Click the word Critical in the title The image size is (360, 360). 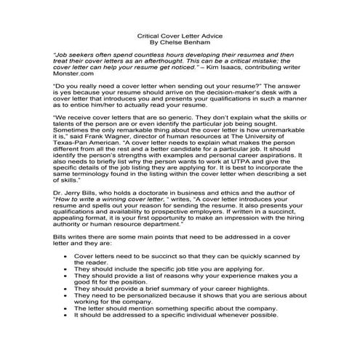150,34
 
